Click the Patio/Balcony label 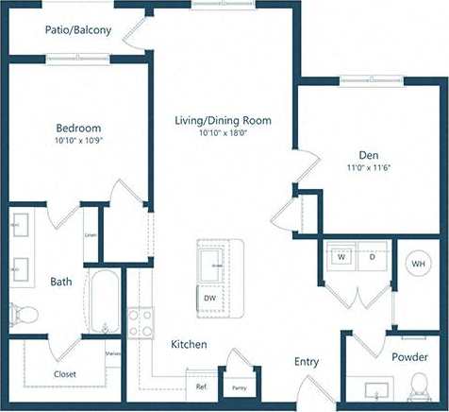(78, 30)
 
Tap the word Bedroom (78, 129)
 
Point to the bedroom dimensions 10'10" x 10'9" (78, 141)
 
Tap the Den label (369, 155)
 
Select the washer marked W (341, 256)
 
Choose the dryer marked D (372, 256)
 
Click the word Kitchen (189, 345)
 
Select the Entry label (307, 362)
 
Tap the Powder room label (409, 357)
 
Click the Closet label (65, 374)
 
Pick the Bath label (61, 282)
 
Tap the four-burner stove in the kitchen (141, 323)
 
